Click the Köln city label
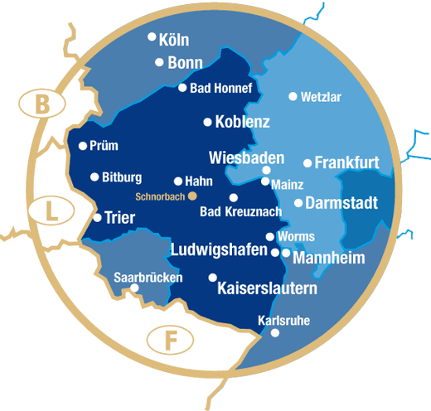(x=174, y=40)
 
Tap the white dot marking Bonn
(x=159, y=62)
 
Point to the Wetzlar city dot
(x=293, y=96)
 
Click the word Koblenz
(x=242, y=122)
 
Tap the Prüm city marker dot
(x=83, y=146)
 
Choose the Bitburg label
(x=122, y=177)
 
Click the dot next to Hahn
(x=177, y=181)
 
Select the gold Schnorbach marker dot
(x=193, y=196)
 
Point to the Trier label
(x=120, y=218)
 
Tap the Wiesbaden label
(x=247, y=157)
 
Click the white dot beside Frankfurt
(x=308, y=163)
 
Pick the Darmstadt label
(x=341, y=202)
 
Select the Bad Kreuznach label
(x=240, y=212)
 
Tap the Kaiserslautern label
(x=267, y=289)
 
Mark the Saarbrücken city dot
(x=134, y=288)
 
